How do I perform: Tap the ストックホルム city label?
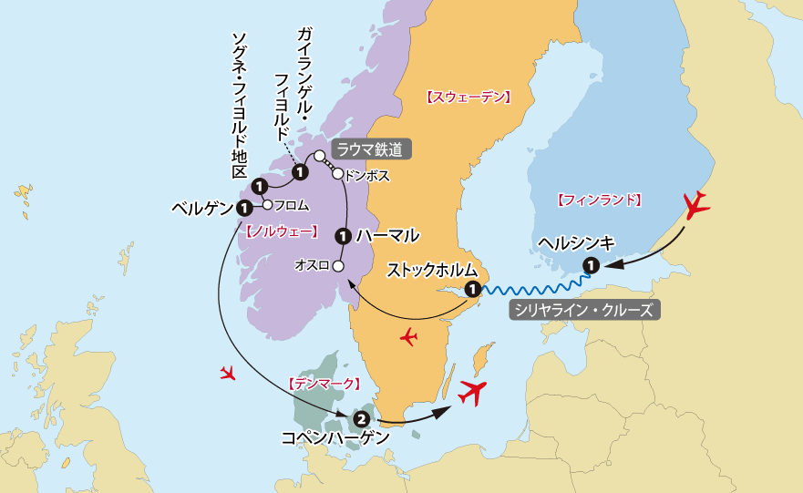click(432, 270)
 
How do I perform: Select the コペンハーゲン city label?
click(337, 438)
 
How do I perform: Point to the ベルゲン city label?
click(202, 209)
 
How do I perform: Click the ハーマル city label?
click(387, 235)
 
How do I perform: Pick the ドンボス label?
click(368, 176)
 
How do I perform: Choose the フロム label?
click(292, 205)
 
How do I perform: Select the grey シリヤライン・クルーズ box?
click(583, 310)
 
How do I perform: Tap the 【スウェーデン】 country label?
click(468, 97)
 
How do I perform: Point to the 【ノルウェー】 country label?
click(283, 232)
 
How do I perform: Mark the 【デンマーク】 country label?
click(325, 384)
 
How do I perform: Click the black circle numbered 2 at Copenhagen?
click(362, 419)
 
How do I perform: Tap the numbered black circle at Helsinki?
click(591, 266)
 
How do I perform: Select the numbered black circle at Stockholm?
click(472, 290)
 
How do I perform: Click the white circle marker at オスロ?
click(337, 266)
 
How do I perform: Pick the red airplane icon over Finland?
click(697, 205)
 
